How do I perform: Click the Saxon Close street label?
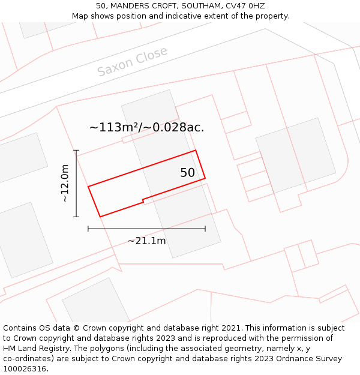[x=133, y=62]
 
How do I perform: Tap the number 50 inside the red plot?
[x=188, y=173]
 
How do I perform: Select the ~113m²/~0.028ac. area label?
[x=146, y=127]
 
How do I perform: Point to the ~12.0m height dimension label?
[x=65, y=183]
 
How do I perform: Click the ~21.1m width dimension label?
[x=146, y=241]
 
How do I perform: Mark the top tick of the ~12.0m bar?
[x=76, y=150]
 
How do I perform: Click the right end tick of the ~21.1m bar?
[x=205, y=229]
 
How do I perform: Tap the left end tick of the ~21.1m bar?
[x=88, y=229]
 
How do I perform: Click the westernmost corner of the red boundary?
[x=88, y=187]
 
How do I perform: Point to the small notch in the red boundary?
[x=143, y=200]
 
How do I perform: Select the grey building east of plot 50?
[x=295, y=155]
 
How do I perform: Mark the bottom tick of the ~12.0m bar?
[x=76, y=217]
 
